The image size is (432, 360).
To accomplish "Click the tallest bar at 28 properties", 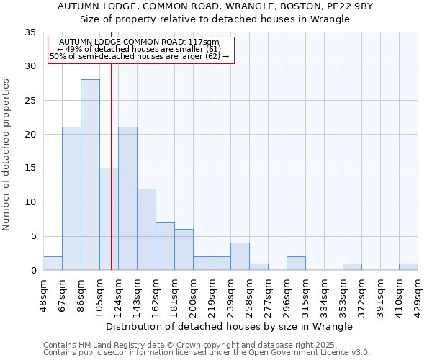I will (x=90, y=175).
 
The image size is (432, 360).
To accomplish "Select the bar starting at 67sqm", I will (x=71, y=199).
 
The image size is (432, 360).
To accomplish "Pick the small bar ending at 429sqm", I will (x=408, y=266).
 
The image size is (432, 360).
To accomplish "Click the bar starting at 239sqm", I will (x=240, y=256).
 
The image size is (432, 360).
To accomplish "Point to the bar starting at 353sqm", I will (x=352, y=266).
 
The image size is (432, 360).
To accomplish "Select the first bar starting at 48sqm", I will (x=53, y=264).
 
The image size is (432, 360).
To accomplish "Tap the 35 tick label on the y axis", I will (x=30, y=32).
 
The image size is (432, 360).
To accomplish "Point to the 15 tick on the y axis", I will (x=30, y=168).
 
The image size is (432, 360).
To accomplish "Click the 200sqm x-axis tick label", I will (x=194, y=292).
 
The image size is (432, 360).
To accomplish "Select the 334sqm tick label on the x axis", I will (x=325, y=292).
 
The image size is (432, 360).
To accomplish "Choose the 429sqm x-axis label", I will (x=418, y=292).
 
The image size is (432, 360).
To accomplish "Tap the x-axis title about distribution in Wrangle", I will (x=229, y=326).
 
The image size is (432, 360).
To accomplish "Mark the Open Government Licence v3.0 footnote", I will (x=207, y=353).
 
